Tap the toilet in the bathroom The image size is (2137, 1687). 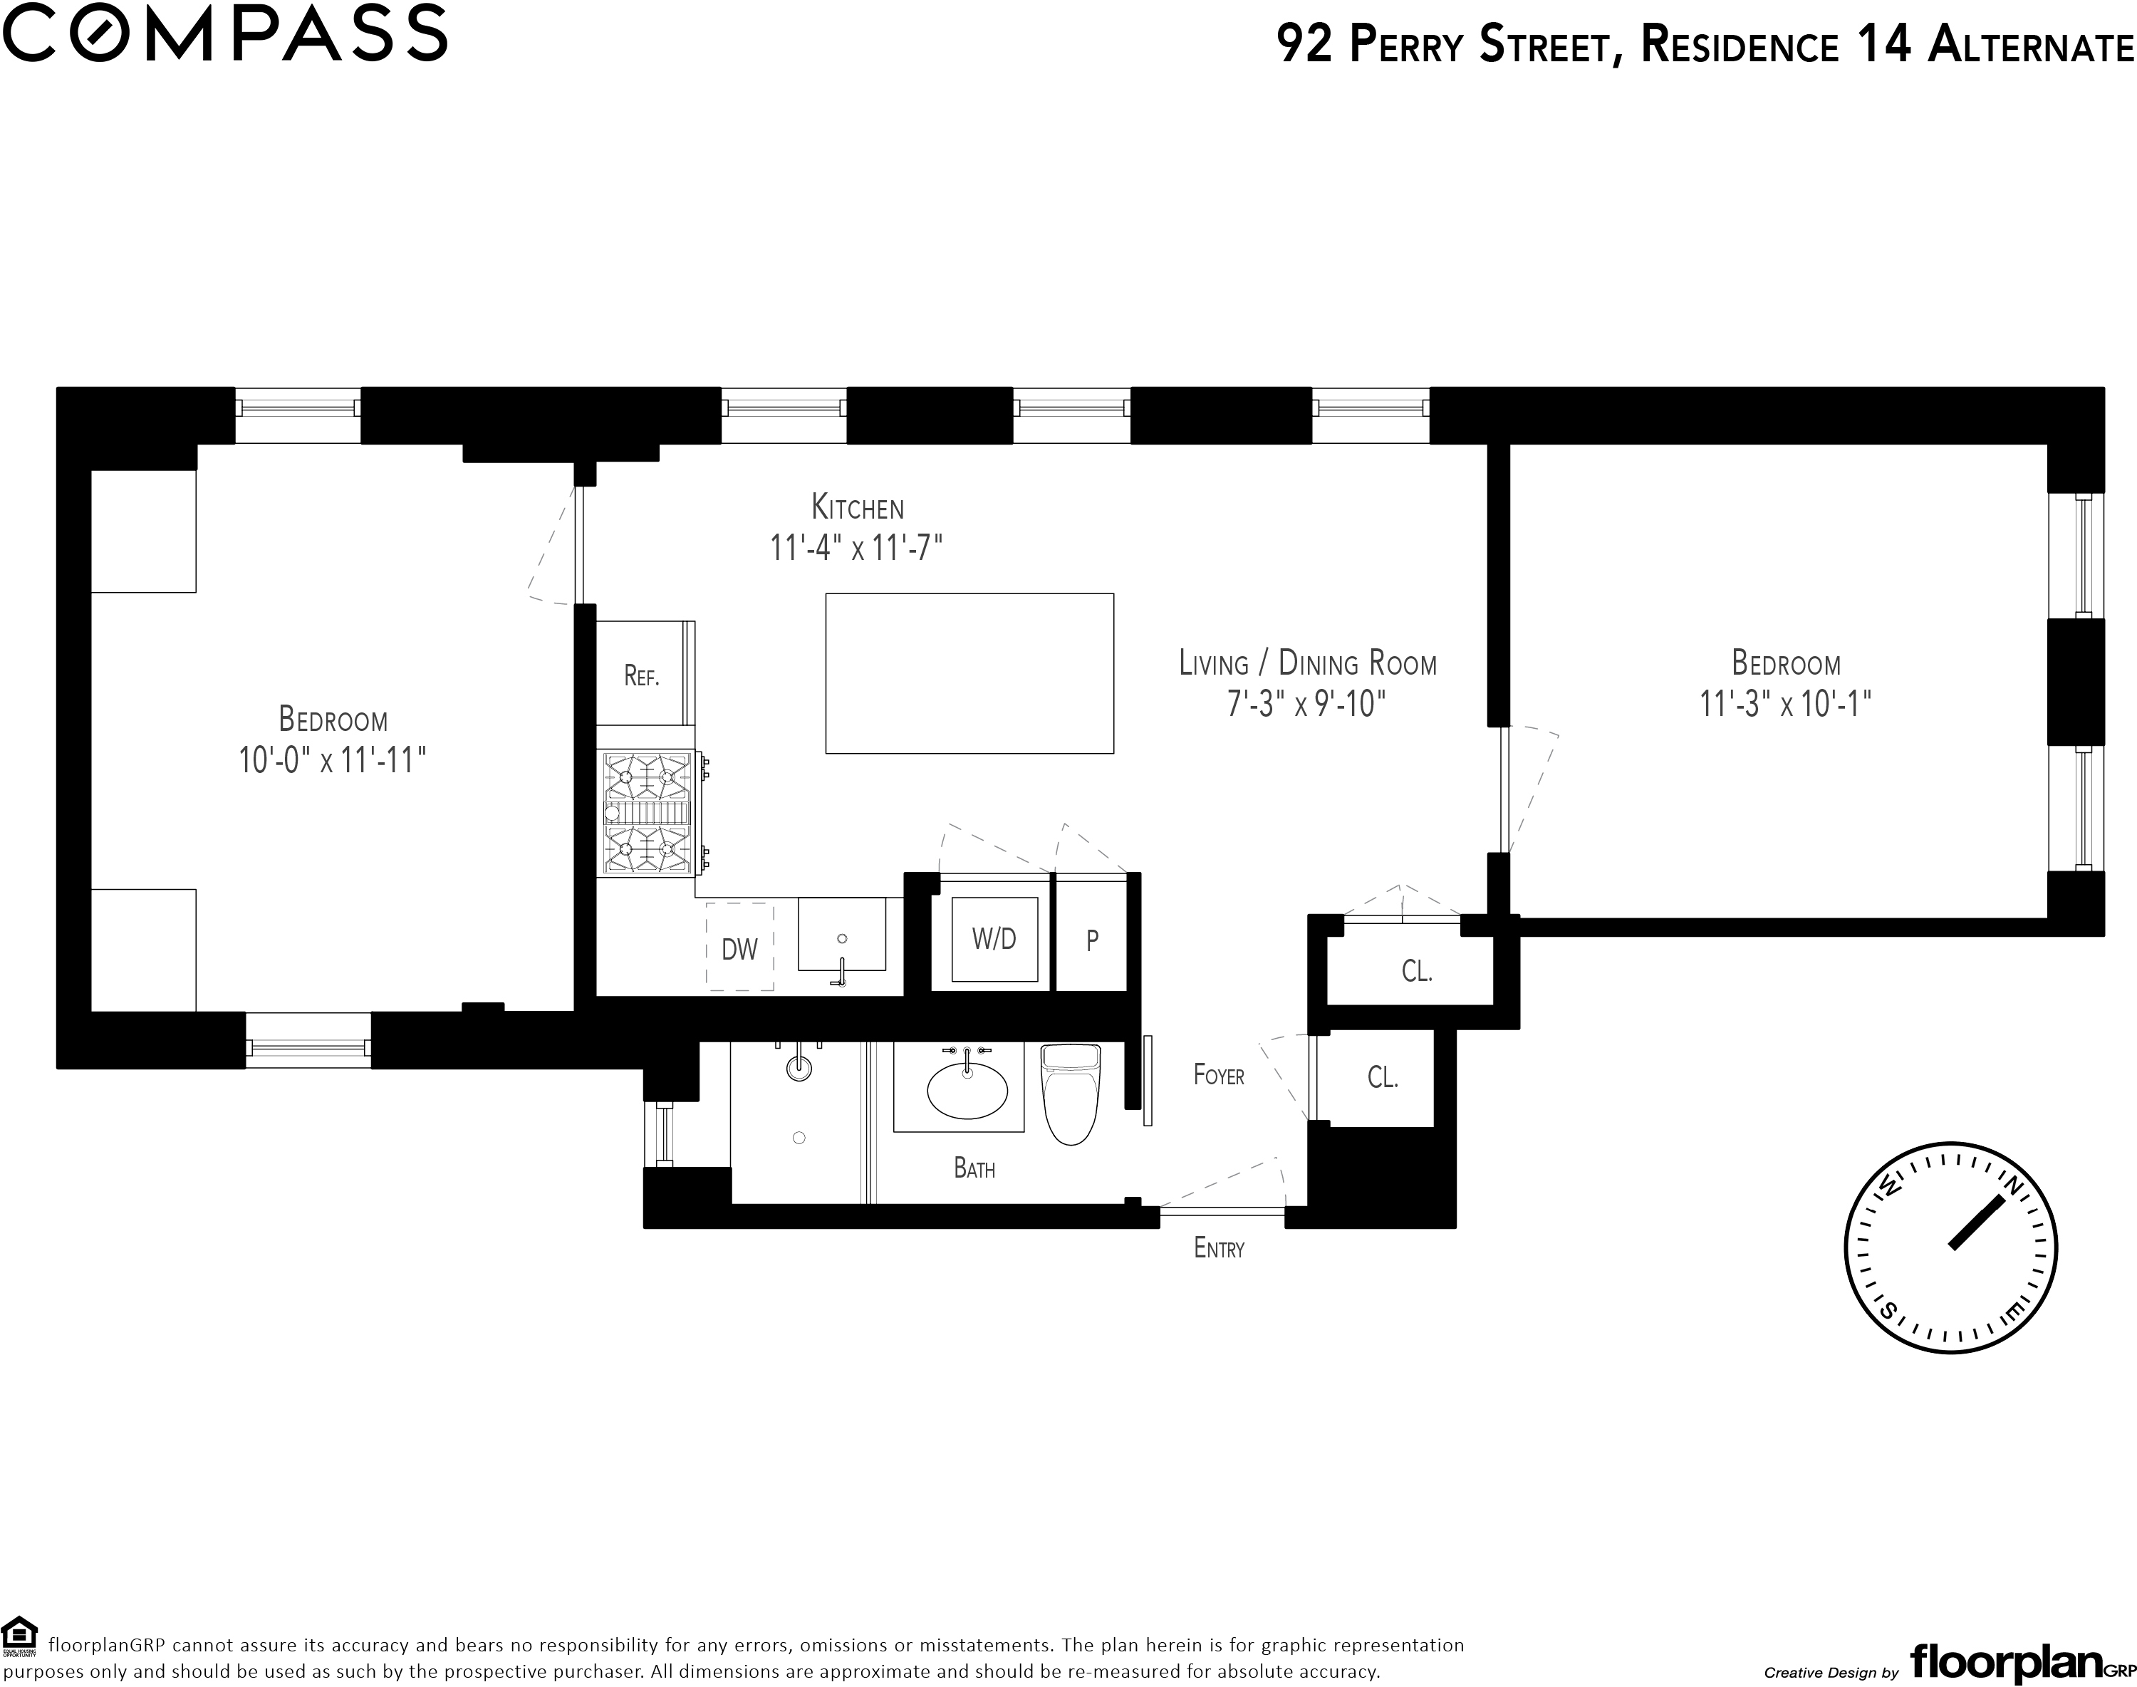1071,1094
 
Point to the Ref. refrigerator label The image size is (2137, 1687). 642,677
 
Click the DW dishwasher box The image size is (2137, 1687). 739,946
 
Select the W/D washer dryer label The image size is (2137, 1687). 994,938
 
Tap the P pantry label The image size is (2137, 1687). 1092,940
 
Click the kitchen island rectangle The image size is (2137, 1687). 969,674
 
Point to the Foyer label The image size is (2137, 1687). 1219,1074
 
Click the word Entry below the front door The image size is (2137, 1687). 1220,1248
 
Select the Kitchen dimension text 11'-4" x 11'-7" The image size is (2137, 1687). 857,547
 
